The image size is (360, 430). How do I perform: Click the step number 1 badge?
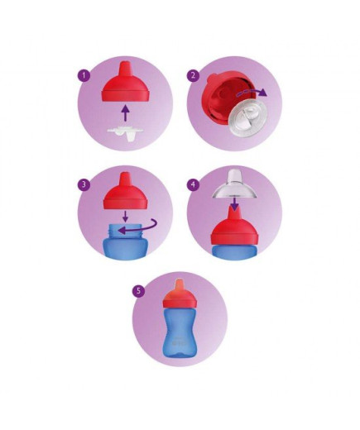(84, 75)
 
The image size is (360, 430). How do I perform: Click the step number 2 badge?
(193, 75)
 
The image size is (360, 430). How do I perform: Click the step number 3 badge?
(84, 184)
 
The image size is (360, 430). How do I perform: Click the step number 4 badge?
(193, 184)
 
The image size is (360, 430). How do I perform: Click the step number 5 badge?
(138, 290)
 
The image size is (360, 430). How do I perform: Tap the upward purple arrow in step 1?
(126, 112)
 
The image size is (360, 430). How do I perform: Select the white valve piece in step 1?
(125, 133)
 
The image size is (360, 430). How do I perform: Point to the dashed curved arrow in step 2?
(252, 93)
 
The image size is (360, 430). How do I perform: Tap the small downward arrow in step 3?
(126, 217)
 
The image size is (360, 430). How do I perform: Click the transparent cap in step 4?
(234, 186)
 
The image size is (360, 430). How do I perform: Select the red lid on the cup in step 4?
(234, 227)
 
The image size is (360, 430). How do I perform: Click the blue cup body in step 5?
(180, 332)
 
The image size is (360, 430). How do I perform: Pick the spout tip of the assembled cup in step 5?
(180, 284)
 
